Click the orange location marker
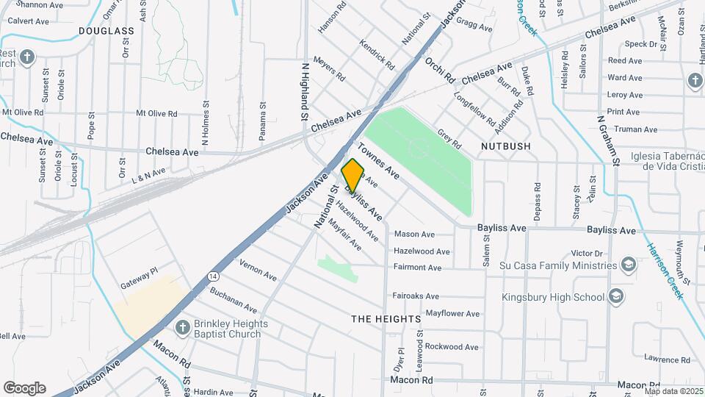point(352,176)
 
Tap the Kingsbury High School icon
point(616,297)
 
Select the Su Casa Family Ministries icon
point(628,264)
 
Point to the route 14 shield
point(213,276)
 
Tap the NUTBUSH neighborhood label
point(505,146)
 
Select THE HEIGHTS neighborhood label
point(386,319)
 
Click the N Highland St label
point(305,91)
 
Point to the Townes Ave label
point(379,162)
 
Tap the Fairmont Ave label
point(417,268)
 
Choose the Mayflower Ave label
point(452,314)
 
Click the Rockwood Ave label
point(452,346)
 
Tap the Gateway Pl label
point(140,273)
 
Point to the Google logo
point(24,388)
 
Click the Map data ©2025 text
point(673,390)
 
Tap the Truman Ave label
point(632,129)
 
